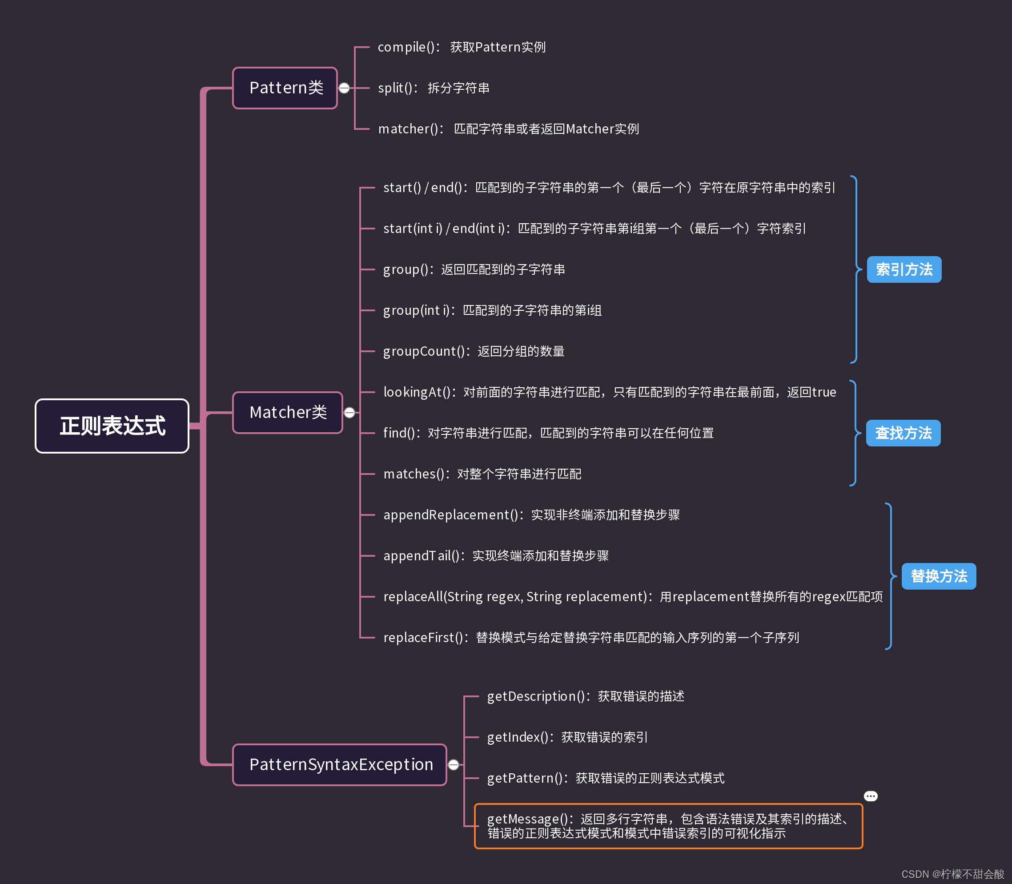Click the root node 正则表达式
click(x=112, y=426)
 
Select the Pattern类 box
click(x=285, y=88)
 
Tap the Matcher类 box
click(x=288, y=412)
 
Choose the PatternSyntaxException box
click(x=340, y=765)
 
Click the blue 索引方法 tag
click(x=904, y=269)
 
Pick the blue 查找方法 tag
click(x=903, y=433)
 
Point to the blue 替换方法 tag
click(x=939, y=576)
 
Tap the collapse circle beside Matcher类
click(x=349, y=412)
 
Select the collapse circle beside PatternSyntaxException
click(x=453, y=765)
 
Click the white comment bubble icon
click(x=871, y=796)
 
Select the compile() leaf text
click(x=461, y=47)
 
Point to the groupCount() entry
click(x=474, y=351)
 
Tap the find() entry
click(x=548, y=433)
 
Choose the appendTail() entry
click(x=496, y=556)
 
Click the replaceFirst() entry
click(x=591, y=638)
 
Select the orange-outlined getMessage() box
click(x=668, y=826)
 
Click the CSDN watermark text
click(x=952, y=874)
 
